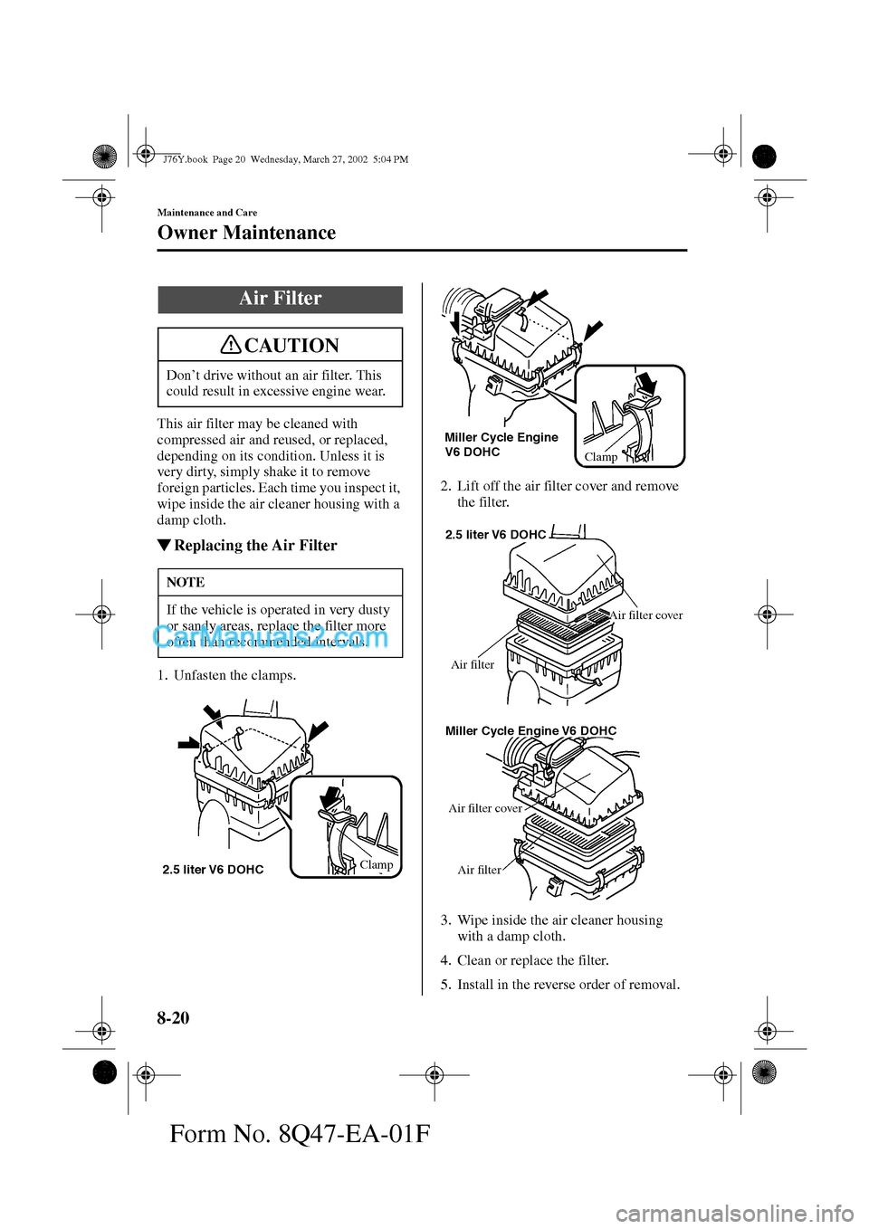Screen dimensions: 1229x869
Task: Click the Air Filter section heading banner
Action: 280,299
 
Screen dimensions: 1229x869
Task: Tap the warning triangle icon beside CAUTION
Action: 233,345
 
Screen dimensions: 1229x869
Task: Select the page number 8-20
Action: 174,1018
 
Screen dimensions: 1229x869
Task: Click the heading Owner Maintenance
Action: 246,233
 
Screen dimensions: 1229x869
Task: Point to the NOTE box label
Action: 186,582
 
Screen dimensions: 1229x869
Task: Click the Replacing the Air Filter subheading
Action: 254,545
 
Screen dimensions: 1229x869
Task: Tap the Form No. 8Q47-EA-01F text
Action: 300,1133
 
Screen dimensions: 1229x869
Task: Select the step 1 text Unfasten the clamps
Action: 234,675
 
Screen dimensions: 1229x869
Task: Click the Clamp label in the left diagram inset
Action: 377,864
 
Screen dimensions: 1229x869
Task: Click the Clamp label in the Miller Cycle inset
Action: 601,457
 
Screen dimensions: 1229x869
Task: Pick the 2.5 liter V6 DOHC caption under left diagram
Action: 213,870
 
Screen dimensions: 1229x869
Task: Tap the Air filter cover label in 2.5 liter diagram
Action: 646,615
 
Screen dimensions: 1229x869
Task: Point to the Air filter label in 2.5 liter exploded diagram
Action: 473,664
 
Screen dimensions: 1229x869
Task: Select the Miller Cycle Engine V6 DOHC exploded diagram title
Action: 530,730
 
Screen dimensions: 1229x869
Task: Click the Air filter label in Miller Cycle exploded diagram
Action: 479,870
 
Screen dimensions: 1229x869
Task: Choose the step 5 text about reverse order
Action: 568,985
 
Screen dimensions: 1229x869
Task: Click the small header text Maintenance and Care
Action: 207,213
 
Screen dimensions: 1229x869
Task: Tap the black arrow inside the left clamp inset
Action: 334,796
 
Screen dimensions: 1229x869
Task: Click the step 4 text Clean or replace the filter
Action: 532,960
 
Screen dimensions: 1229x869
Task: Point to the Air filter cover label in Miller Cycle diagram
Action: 485,808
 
